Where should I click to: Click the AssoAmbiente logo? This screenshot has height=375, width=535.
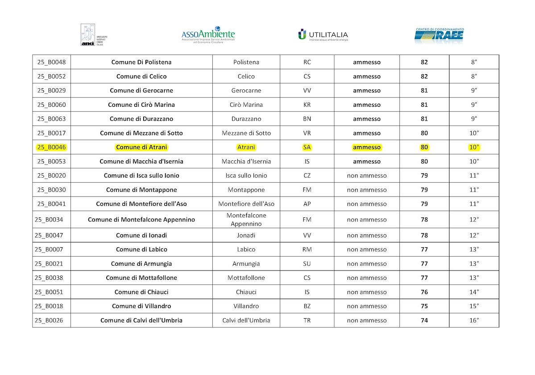(x=208, y=35)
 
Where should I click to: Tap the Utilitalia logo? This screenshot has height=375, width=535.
(x=323, y=35)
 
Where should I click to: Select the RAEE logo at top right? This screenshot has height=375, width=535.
(x=439, y=35)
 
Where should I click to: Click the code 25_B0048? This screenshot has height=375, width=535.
(x=51, y=62)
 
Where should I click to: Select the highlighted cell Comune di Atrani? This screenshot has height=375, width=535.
(x=141, y=147)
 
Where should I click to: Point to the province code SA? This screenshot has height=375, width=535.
(x=307, y=147)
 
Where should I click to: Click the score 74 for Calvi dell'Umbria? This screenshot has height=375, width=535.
(x=424, y=321)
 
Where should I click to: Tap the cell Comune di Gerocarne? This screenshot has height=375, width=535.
(x=141, y=91)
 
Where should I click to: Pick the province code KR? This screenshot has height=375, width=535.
(x=307, y=105)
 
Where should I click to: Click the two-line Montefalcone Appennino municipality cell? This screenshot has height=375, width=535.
(x=246, y=220)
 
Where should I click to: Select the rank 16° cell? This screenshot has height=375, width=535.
(x=474, y=321)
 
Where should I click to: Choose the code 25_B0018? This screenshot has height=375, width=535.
(x=51, y=306)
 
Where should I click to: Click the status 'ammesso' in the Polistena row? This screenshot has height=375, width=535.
(x=367, y=62)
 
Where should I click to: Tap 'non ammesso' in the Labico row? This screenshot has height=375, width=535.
(x=367, y=250)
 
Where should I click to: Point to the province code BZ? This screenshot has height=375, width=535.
(x=307, y=306)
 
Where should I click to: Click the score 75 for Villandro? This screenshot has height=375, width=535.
(x=424, y=306)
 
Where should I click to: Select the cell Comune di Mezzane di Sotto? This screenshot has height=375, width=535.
(x=141, y=133)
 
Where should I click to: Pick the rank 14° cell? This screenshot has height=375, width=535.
(x=474, y=292)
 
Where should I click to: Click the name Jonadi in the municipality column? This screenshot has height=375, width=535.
(x=246, y=235)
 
